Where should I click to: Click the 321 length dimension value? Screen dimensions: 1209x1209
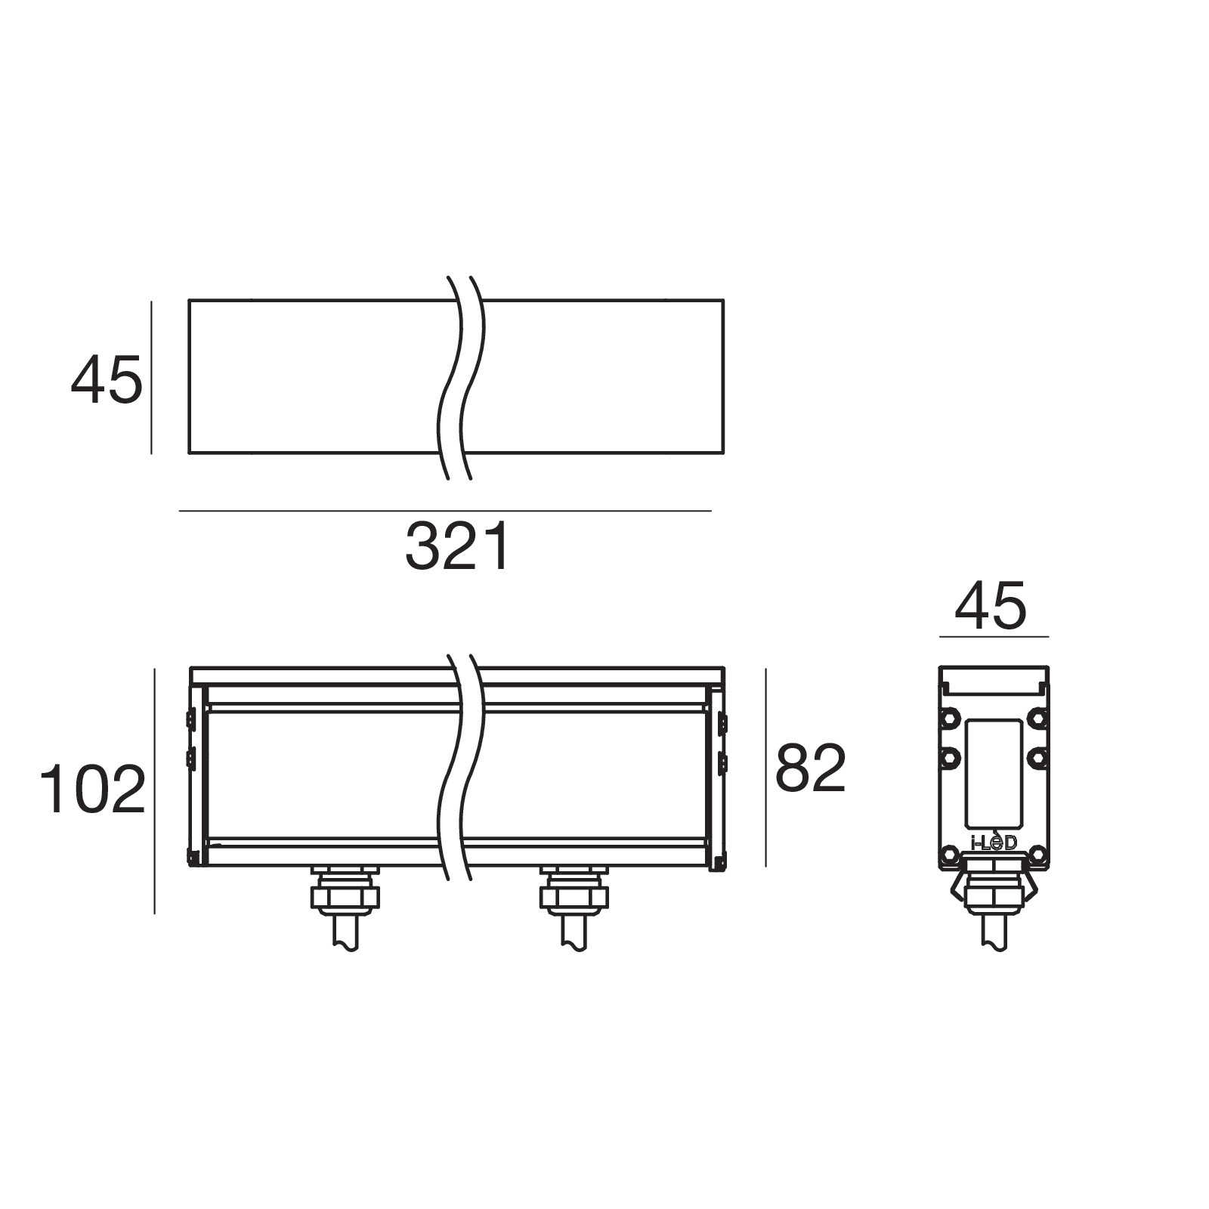click(458, 546)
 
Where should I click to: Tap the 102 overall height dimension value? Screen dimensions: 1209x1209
click(92, 790)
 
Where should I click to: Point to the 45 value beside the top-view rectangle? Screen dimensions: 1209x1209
click(107, 381)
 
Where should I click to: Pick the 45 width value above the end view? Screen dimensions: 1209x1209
click(991, 605)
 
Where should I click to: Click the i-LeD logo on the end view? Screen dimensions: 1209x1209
click(994, 841)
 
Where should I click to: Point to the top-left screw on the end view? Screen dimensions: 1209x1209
click(949, 716)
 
